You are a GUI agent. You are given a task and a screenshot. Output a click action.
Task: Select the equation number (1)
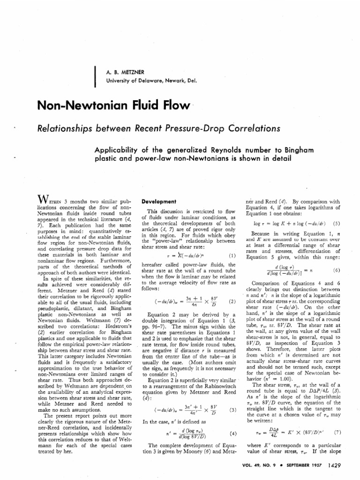(x=231, y=256)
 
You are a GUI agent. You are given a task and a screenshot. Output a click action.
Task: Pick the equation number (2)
(x=231, y=301)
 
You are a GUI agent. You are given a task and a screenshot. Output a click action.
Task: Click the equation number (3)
(x=231, y=410)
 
